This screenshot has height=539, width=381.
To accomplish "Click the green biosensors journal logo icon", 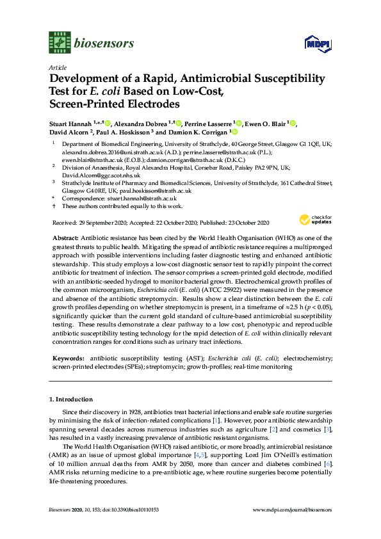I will [59, 42].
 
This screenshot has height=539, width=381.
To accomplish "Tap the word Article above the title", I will [57, 67].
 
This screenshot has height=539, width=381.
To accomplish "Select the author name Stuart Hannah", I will [70, 123].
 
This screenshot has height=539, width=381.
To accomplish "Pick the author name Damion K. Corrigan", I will [202, 133].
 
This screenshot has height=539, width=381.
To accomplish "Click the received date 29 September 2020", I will [98, 222].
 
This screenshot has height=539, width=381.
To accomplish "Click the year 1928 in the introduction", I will [126, 412].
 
